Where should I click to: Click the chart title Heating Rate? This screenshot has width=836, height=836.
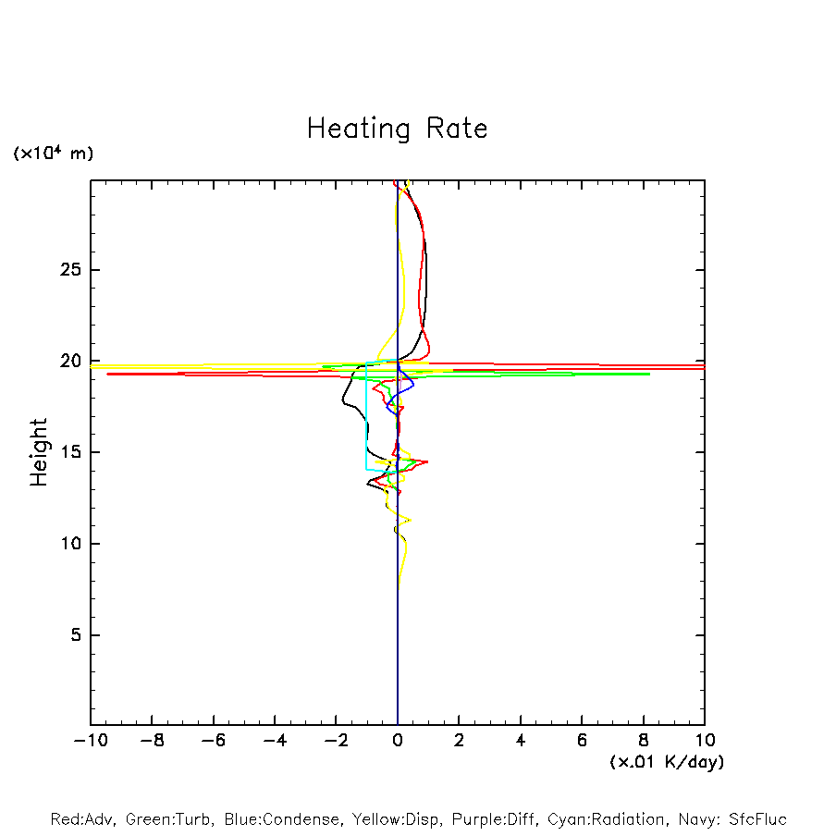[x=397, y=129]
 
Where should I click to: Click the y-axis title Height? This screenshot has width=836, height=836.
[x=39, y=452]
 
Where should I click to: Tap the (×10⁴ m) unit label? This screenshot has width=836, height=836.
[x=53, y=154]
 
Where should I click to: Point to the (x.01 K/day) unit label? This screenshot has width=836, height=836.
[x=666, y=762]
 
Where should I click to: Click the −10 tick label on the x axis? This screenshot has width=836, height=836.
[x=91, y=741]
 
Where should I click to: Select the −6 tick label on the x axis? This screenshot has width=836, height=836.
[x=213, y=741]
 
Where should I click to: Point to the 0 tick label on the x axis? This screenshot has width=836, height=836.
[x=398, y=741]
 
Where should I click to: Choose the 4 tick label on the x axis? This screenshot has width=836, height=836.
[x=521, y=741]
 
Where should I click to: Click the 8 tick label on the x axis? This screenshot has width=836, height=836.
[x=644, y=741]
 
